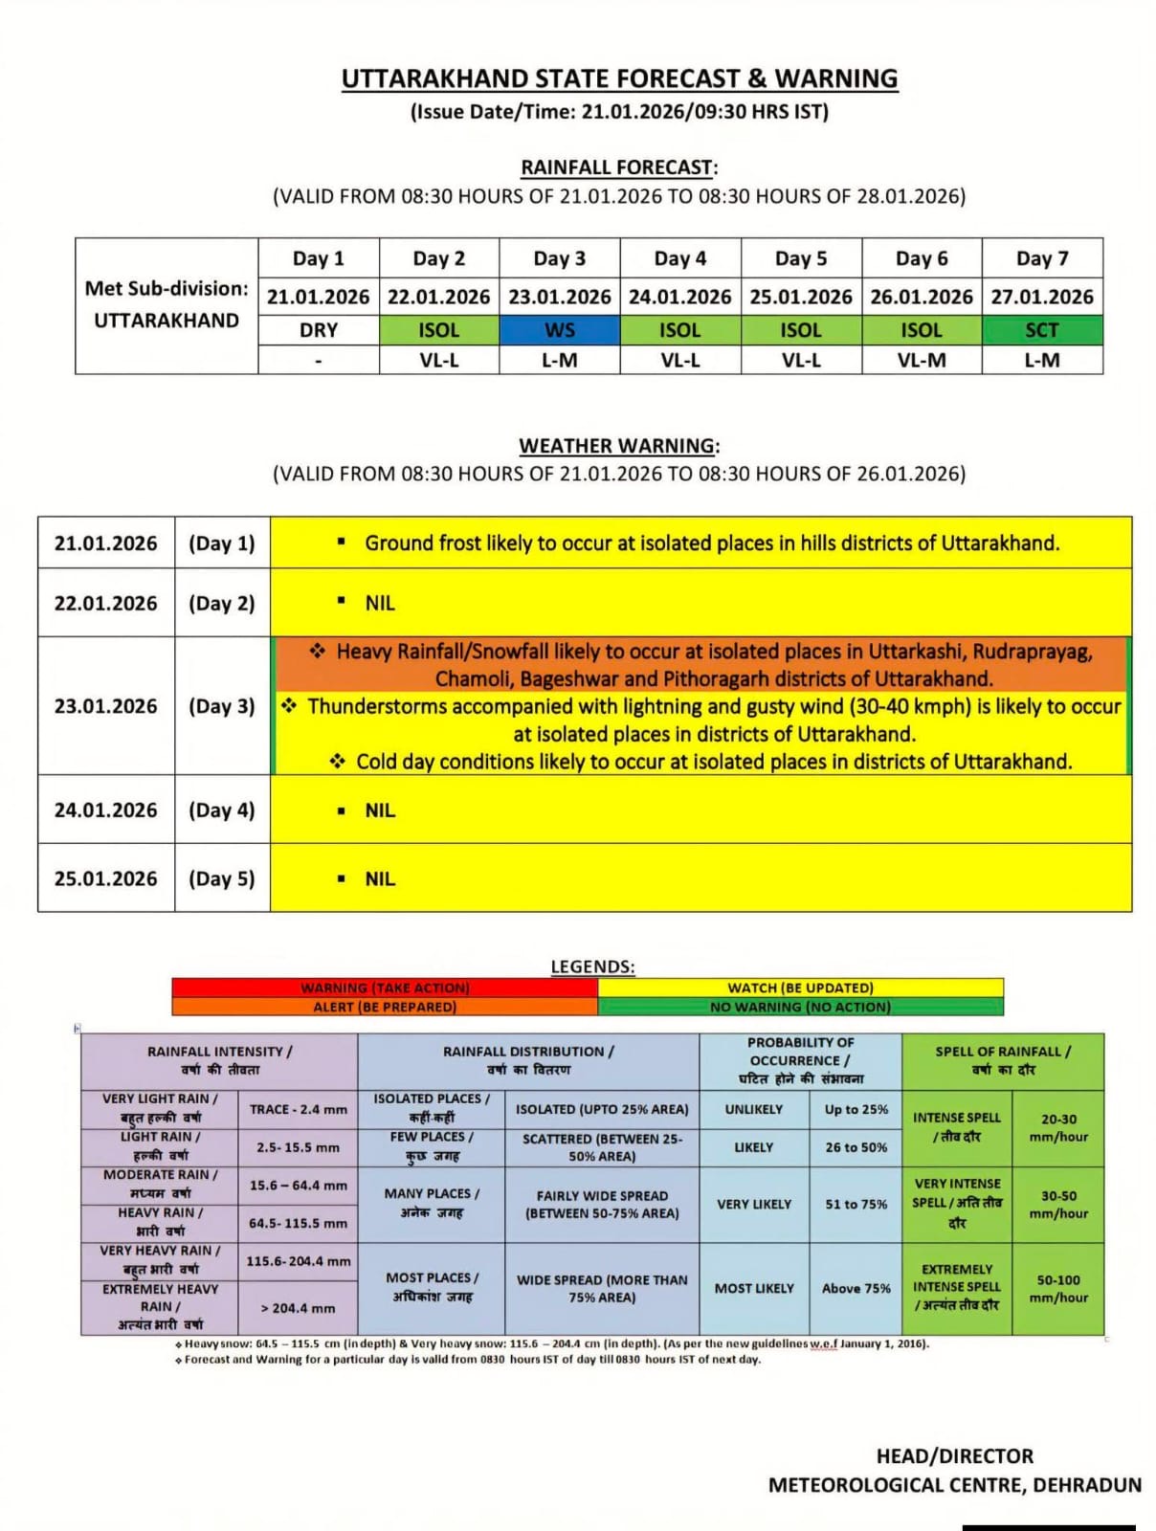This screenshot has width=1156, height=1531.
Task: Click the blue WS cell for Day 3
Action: click(560, 330)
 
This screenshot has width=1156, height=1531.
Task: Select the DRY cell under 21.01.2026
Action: click(319, 330)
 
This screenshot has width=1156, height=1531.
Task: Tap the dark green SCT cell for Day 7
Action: click(1042, 330)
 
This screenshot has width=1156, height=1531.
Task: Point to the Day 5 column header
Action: click(801, 258)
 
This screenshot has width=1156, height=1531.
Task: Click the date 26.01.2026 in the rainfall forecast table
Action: click(922, 297)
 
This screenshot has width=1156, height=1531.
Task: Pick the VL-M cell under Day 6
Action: click(922, 360)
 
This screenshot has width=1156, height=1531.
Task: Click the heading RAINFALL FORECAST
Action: click(618, 167)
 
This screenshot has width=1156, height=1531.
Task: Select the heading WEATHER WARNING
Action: click(618, 446)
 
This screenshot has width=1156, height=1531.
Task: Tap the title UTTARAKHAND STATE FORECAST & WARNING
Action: click(619, 78)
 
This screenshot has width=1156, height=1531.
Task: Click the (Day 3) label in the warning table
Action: click(222, 706)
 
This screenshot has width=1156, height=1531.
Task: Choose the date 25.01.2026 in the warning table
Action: click(105, 878)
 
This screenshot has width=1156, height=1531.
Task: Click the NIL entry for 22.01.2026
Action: click(380, 603)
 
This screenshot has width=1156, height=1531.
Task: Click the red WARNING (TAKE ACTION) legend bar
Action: click(385, 987)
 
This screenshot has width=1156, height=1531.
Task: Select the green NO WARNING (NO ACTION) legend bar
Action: click(800, 1007)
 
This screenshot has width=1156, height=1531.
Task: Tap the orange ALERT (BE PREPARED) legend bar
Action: click(385, 1007)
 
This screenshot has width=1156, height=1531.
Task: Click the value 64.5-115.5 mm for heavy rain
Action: click(298, 1223)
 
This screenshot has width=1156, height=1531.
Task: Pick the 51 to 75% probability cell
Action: click(856, 1204)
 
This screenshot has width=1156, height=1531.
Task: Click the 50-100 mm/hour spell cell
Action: click(1058, 1288)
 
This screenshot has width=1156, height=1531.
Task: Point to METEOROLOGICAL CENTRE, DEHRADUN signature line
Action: click(954, 1485)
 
